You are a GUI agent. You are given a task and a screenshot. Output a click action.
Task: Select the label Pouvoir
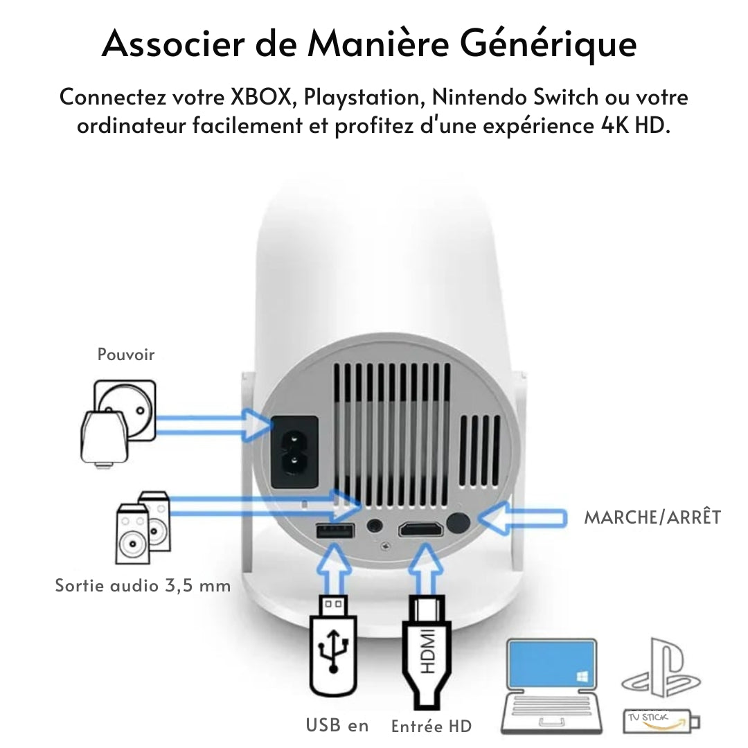[126, 355]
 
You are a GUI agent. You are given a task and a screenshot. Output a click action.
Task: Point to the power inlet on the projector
[294, 451]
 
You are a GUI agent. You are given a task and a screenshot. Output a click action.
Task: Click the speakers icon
[141, 526]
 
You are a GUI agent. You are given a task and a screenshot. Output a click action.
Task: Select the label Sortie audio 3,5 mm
[143, 585]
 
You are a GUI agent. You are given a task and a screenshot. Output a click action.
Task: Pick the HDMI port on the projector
[421, 531]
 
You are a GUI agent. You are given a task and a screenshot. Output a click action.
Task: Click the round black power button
[458, 524]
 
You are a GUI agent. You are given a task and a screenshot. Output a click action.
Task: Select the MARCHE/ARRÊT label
[652, 517]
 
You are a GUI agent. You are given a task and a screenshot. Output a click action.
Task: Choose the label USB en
[337, 725]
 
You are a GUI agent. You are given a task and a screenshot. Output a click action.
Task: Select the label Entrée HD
[431, 726]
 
